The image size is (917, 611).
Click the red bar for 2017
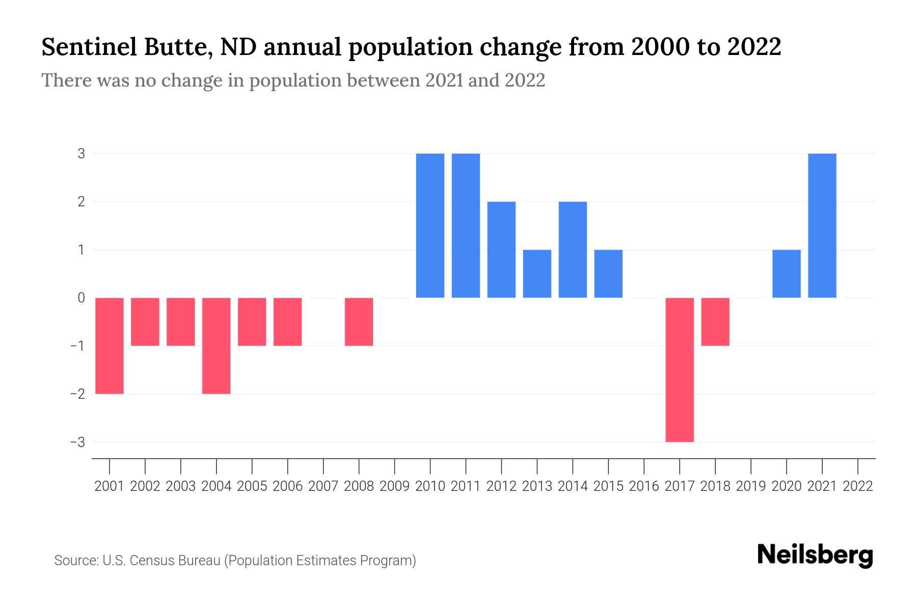point(680,370)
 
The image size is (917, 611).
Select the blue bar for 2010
point(430,226)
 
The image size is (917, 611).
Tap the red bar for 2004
point(216,346)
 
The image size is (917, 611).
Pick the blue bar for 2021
point(822,226)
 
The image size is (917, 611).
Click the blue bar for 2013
point(537,273)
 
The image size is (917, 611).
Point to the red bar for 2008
point(359,322)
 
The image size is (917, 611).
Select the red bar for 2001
point(110,346)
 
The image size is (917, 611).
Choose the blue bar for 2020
point(786,273)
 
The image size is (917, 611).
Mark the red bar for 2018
point(715,322)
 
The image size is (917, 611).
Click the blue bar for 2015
point(608,273)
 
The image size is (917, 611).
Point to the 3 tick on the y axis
point(82,153)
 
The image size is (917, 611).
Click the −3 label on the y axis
point(78,442)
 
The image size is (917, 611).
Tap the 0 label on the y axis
point(82,298)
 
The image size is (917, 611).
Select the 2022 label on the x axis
point(858,486)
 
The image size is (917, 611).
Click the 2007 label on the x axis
point(323,486)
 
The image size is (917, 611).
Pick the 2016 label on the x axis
point(644,486)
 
